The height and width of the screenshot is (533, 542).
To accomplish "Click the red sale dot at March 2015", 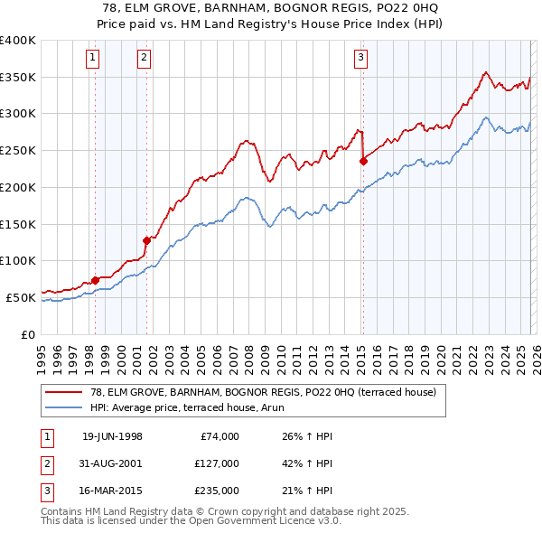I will click(x=363, y=162).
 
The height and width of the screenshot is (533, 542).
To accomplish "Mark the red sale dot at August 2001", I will click(x=146, y=240).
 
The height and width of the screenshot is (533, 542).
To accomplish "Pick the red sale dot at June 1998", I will click(x=95, y=279).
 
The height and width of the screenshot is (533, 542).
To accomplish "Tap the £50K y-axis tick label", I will click(x=22, y=297).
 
